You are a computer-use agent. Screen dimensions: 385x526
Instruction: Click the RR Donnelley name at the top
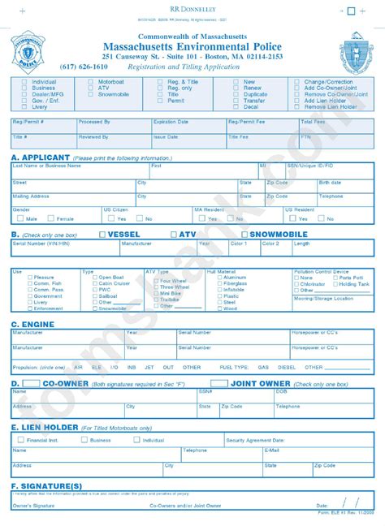[192, 6]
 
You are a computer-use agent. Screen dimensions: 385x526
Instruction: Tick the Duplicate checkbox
[236, 94]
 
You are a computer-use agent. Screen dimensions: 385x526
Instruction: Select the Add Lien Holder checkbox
[296, 101]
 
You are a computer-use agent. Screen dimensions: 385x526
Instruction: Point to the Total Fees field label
[313, 121]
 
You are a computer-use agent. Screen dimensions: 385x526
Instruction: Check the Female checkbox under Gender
[51, 218]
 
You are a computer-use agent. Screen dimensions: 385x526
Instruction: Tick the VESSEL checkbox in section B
[102, 235]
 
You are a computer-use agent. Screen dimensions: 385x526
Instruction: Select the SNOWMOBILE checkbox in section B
[244, 235]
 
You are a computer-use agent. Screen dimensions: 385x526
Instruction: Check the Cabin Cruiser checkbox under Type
[93, 283]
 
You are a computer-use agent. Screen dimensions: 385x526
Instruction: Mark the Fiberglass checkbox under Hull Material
[219, 283]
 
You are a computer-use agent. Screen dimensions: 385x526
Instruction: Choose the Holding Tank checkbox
[335, 283]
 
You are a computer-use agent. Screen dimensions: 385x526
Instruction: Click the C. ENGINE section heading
[32, 323]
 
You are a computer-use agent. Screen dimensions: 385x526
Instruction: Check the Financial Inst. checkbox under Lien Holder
[21, 440]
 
